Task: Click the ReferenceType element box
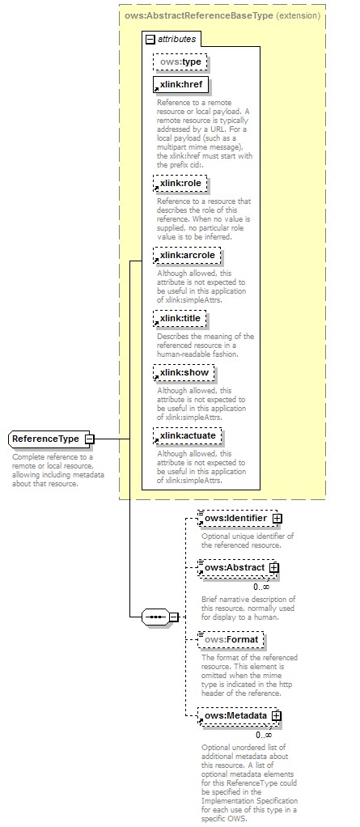(x=46, y=439)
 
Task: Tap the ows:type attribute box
(x=180, y=61)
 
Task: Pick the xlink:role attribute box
(x=180, y=184)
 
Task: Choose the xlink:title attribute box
(x=180, y=319)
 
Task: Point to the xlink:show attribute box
(x=184, y=373)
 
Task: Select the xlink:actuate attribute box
(x=187, y=435)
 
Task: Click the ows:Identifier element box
(x=235, y=517)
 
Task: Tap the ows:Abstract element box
(x=233, y=568)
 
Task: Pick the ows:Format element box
(x=231, y=640)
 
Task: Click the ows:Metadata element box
(x=235, y=715)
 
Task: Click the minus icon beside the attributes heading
(x=150, y=39)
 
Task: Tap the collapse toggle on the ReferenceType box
(x=89, y=439)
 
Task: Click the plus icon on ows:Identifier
(x=277, y=517)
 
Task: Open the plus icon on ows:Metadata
(x=277, y=715)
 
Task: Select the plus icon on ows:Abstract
(x=274, y=568)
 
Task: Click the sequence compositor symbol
(x=154, y=617)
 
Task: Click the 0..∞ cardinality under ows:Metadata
(x=263, y=734)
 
